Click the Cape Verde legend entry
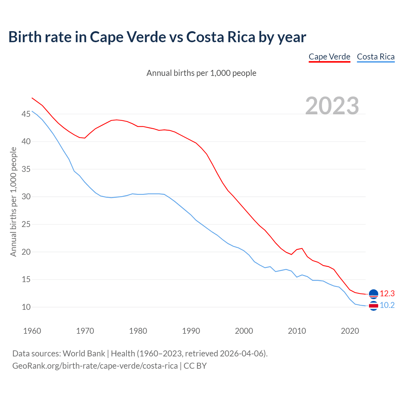(x=329, y=57)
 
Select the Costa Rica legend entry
(x=376, y=57)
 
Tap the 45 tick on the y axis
(x=26, y=114)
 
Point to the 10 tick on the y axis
(x=26, y=307)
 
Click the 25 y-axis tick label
(x=26, y=224)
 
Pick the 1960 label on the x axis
(x=32, y=331)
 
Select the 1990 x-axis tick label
(x=191, y=331)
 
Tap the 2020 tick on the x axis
(x=350, y=331)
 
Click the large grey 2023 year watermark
(x=332, y=106)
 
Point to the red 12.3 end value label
(x=387, y=293)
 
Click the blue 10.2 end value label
(x=387, y=305)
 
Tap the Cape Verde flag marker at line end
(x=373, y=294)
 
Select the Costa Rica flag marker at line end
(x=373, y=306)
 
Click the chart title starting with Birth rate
(x=157, y=37)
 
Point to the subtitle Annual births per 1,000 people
(x=201, y=73)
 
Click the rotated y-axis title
(x=13, y=201)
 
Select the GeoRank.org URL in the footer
(x=95, y=366)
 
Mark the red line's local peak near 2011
(x=302, y=248)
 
